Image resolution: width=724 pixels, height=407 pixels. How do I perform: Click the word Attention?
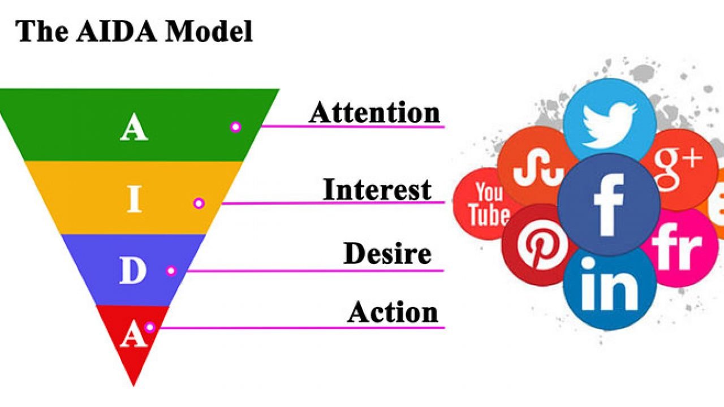[x=374, y=112]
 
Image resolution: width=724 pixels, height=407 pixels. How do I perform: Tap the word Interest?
[x=377, y=189]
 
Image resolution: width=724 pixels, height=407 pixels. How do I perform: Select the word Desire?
[x=387, y=254]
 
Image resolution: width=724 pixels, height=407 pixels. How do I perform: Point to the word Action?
[x=393, y=313]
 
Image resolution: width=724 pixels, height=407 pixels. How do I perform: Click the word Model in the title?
[x=209, y=31]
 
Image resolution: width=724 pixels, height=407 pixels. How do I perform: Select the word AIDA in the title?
[x=117, y=31]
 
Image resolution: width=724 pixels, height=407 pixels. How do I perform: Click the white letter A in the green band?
[x=134, y=127]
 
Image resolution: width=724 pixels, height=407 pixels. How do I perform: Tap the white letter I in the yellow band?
[x=134, y=198]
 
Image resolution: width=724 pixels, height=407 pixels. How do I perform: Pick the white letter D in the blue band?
[x=133, y=270]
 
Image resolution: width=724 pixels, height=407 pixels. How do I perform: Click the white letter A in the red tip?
[x=133, y=334]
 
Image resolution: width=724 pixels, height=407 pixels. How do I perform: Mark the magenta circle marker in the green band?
[x=236, y=127]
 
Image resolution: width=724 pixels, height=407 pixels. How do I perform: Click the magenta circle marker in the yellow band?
[x=199, y=203]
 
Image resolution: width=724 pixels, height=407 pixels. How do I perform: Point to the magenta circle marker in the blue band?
[x=171, y=270]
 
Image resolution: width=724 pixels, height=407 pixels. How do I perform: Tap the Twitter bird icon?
[x=610, y=125]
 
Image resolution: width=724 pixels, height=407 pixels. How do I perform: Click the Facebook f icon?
[x=609, y=205]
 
